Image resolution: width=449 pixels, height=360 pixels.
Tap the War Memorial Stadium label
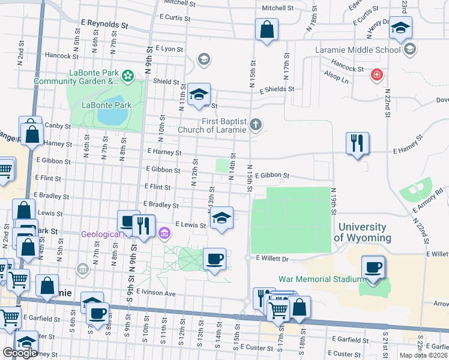point(321,279)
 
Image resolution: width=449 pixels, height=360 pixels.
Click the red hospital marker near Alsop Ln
point(376,75)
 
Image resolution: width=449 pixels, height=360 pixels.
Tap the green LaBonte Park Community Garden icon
point(127,76)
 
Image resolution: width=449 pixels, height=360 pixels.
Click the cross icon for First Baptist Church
point(256,125)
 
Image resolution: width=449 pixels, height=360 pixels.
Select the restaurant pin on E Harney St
point(357,143)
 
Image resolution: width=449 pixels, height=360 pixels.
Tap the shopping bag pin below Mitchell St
point(267,29)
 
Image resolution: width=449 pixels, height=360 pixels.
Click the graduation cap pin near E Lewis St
point(221,218)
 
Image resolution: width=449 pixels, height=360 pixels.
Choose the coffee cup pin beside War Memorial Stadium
point(373,268)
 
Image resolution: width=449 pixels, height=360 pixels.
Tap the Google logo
point(20,353)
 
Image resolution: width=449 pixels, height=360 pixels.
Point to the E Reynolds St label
point(104,25)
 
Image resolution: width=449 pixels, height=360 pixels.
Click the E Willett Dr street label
point(273,259)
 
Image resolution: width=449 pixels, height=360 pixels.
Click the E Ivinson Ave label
point(155,293)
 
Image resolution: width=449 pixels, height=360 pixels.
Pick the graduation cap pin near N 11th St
point(199,94)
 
